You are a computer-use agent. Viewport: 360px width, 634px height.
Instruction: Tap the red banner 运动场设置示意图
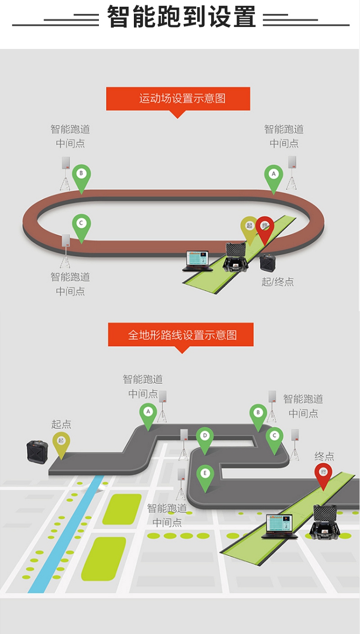(x=178, y=98)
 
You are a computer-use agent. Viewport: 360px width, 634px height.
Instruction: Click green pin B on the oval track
(x=82, y=174)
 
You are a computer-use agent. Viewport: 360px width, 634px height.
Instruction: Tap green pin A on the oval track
(x=274, y=175)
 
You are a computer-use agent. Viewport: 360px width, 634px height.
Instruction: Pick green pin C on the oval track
(x=82, y=224)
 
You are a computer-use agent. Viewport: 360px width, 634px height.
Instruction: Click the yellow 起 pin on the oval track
(x=249, y=227)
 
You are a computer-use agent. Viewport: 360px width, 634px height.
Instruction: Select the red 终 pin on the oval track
(x=264, y=227)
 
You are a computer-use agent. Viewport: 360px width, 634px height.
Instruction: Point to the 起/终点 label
(x=277, y=282)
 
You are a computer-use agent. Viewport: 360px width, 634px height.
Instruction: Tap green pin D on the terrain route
(x=205, y=437)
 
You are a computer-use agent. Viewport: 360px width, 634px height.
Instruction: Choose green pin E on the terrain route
(x=205, y=474)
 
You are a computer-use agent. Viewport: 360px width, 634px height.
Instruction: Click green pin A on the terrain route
(x=148, y=412)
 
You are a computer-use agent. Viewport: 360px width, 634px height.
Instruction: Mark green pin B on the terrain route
(x=258, y=413)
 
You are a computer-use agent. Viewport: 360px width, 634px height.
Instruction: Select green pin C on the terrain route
(x=275, y=437)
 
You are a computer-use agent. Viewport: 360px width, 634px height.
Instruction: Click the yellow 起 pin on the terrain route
(x=61, y=442)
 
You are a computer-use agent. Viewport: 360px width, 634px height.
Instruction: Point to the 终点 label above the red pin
(x=324, y=456)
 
